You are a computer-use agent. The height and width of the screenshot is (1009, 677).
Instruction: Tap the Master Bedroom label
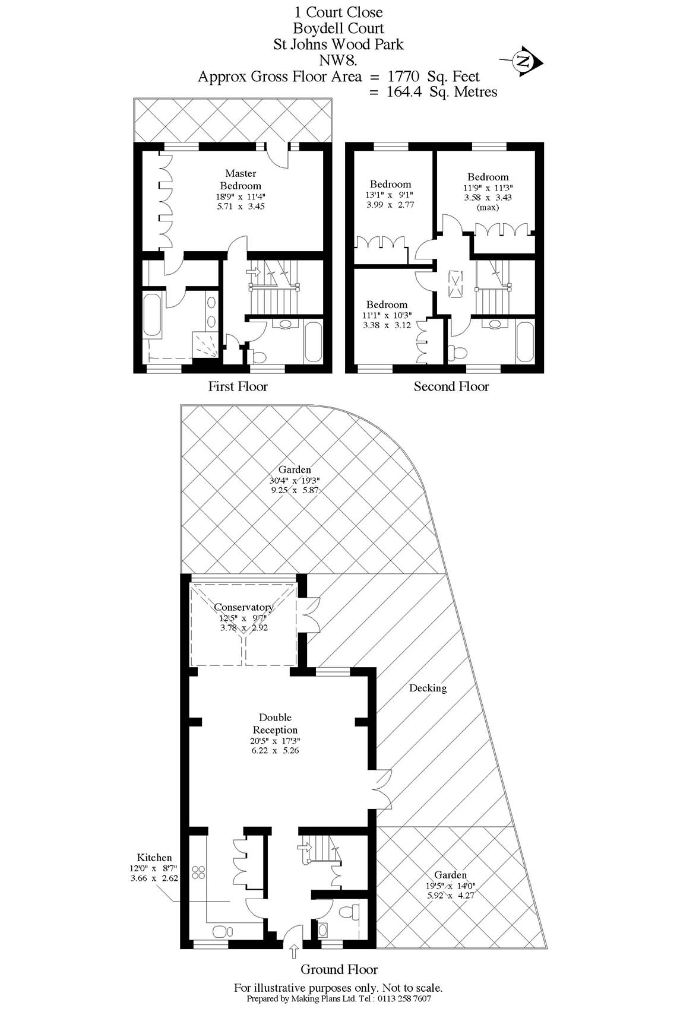(241, 180)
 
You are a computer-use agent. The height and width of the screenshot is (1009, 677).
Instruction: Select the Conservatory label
(243, 607)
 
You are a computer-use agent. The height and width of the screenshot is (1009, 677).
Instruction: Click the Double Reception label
(275, 724)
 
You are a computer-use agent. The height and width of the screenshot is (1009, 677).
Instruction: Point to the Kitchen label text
(154, 858)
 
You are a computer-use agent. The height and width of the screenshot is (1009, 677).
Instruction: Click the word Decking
(428, 688)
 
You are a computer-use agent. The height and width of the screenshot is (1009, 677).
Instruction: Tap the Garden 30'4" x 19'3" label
(295, 469)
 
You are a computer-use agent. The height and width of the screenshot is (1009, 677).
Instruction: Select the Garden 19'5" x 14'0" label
(451, 875)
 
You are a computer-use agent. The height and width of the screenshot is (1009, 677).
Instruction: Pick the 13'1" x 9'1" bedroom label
(390, 185)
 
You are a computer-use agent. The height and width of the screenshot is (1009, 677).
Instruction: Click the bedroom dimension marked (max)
(488, 207)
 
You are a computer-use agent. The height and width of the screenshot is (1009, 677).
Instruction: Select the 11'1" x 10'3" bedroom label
(387, 304)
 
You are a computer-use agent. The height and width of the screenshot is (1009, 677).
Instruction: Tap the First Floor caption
(238, 387)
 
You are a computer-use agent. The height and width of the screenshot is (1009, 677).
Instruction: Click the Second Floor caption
(451, 387)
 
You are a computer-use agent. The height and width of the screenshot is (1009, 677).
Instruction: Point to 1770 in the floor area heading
(404, 76)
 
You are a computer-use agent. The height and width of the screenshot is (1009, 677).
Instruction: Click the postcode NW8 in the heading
(337, 60)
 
